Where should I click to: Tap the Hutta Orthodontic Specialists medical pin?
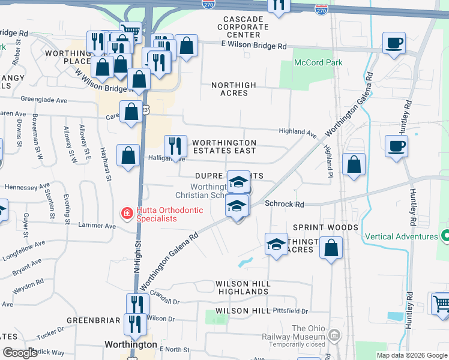pos(127,213)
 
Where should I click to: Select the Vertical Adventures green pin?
pos(444,236)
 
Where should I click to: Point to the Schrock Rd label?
pos(289,205)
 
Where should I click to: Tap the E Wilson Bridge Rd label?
pos(253,46)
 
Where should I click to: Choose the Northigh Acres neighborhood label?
pos(234,89)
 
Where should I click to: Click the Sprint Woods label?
pos(325,227)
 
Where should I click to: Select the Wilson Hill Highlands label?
pos(243,287)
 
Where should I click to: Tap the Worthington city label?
pos(130,345)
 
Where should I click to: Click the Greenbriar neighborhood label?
pos(93,320)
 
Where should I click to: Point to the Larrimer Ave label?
pos(96,226)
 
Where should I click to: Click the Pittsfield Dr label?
pos(289,311)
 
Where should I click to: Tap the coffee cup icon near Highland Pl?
pos(396,146)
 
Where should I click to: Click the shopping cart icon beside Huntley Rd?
pos(441,303)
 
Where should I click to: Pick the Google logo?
pos(20,353)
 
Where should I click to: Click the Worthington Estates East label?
pos(224,146)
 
